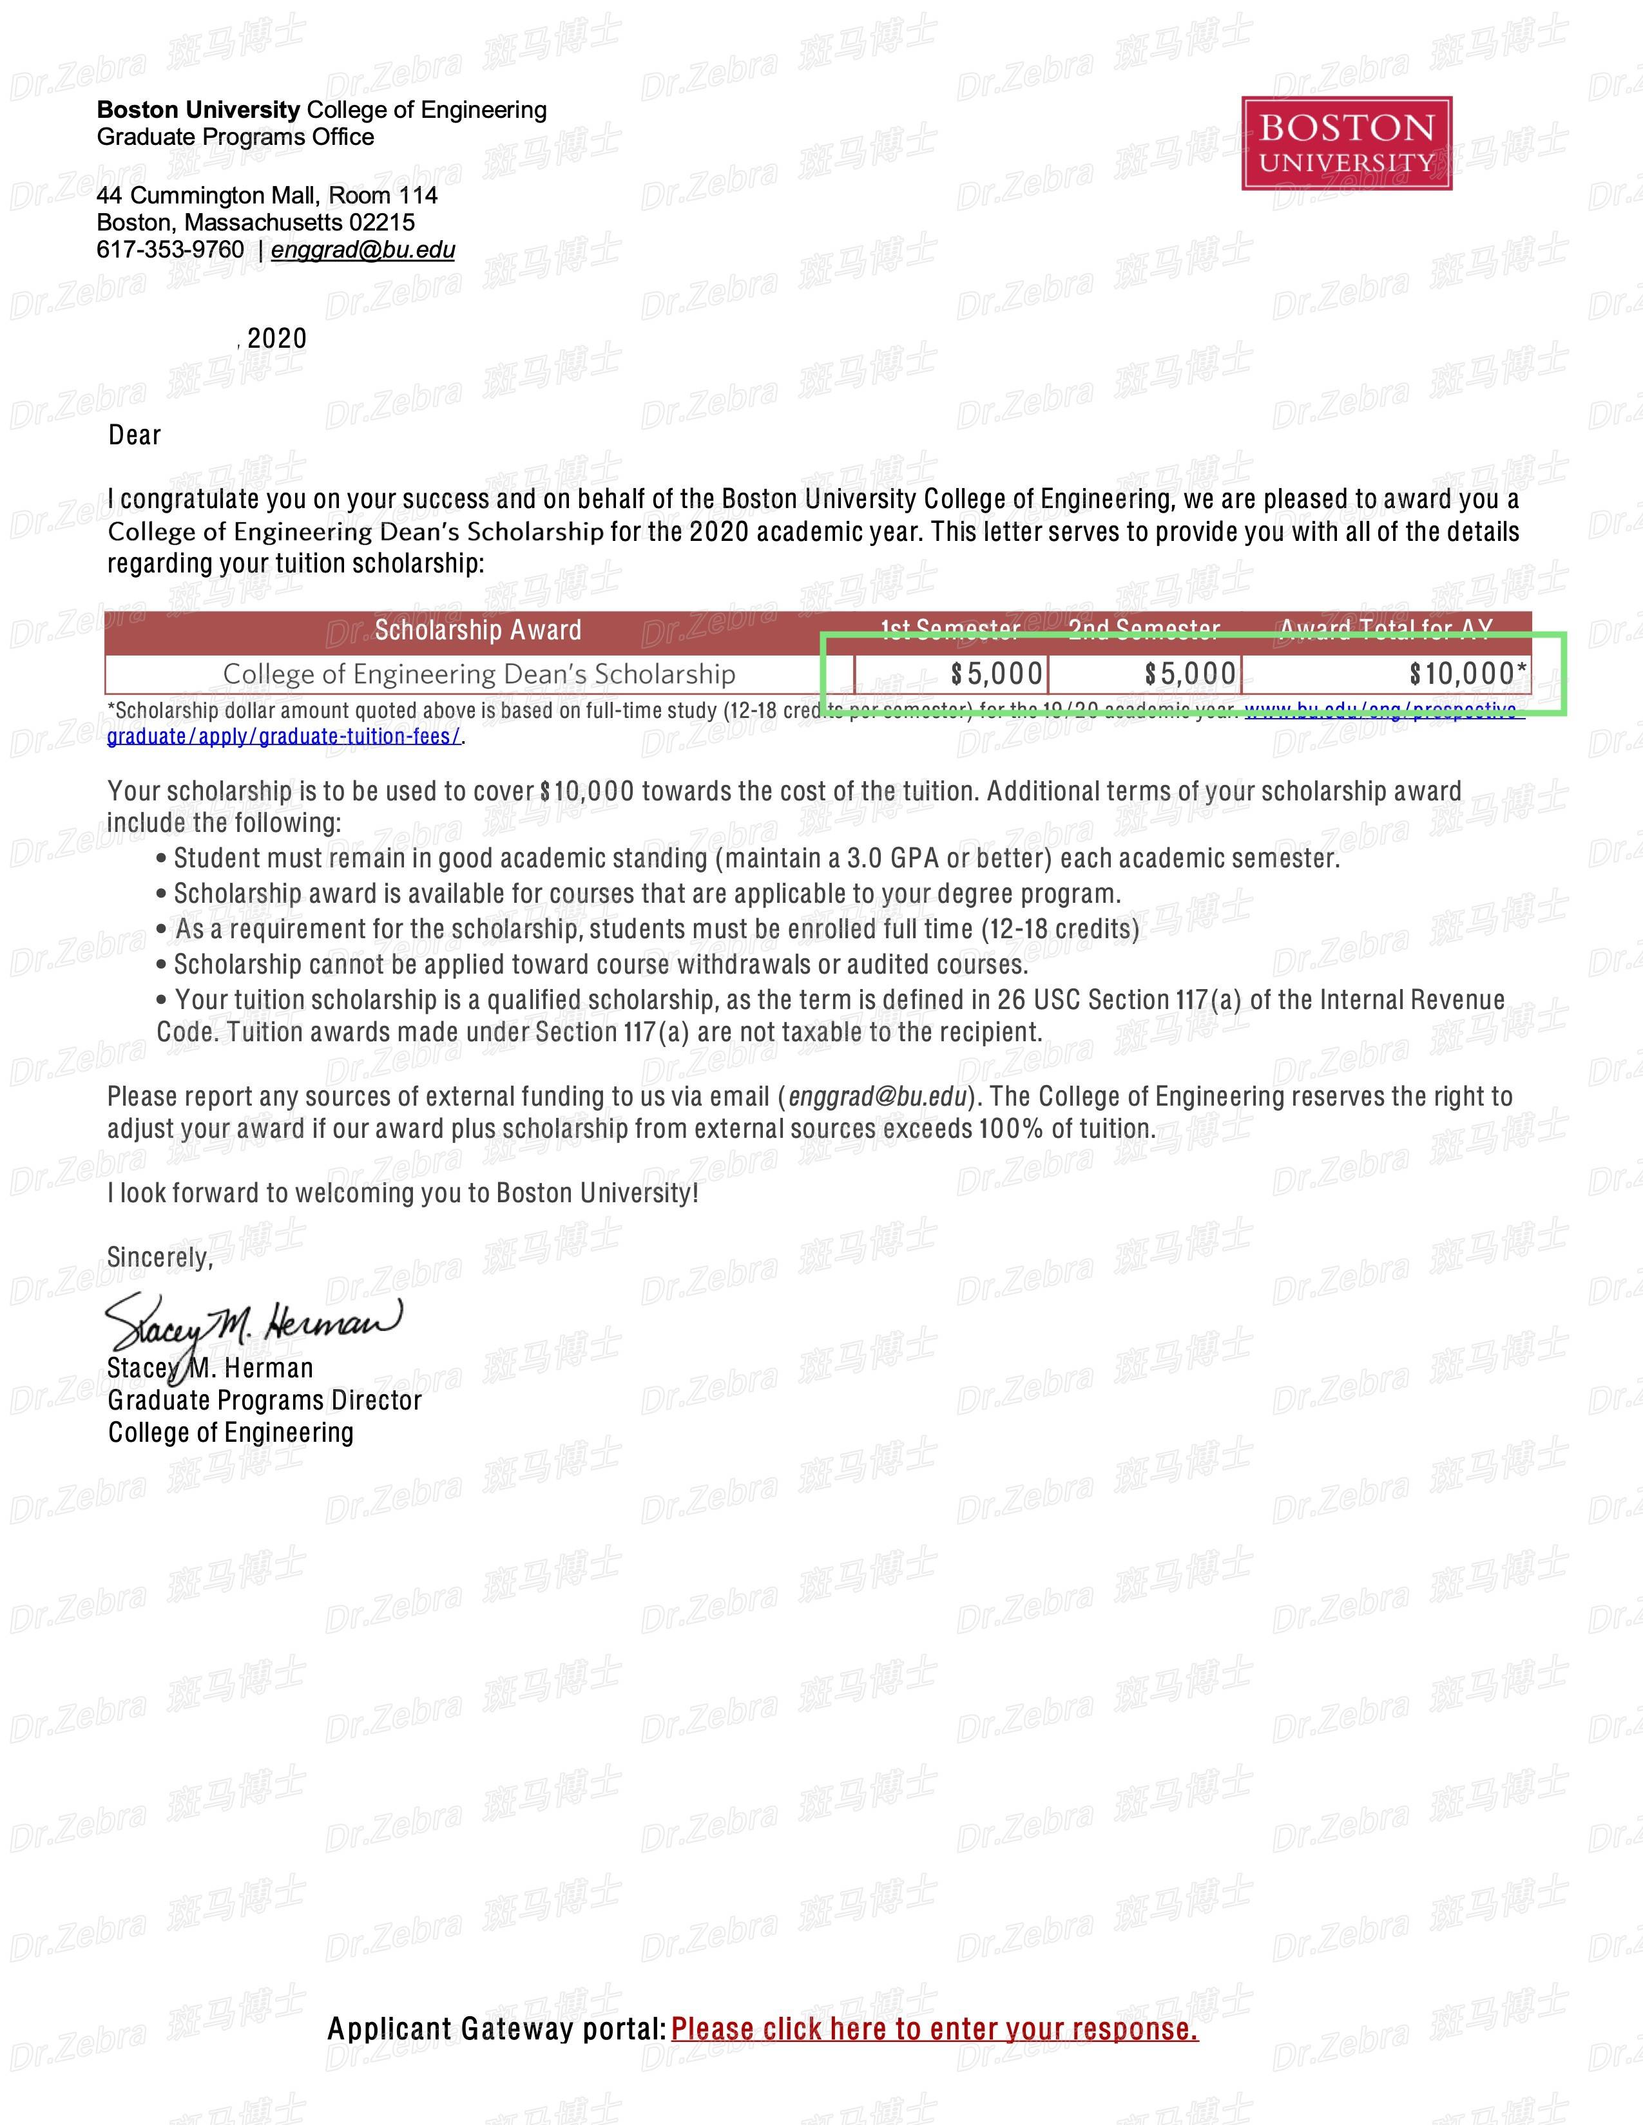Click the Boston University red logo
click(1346, 143)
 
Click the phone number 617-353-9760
click(170, 250)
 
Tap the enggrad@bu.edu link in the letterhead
click(363, 250)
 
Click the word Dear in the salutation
click(134, 435)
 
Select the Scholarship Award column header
click(478, 630)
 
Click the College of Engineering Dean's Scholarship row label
click(478, 674)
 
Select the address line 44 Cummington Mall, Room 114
click(267, 196)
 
